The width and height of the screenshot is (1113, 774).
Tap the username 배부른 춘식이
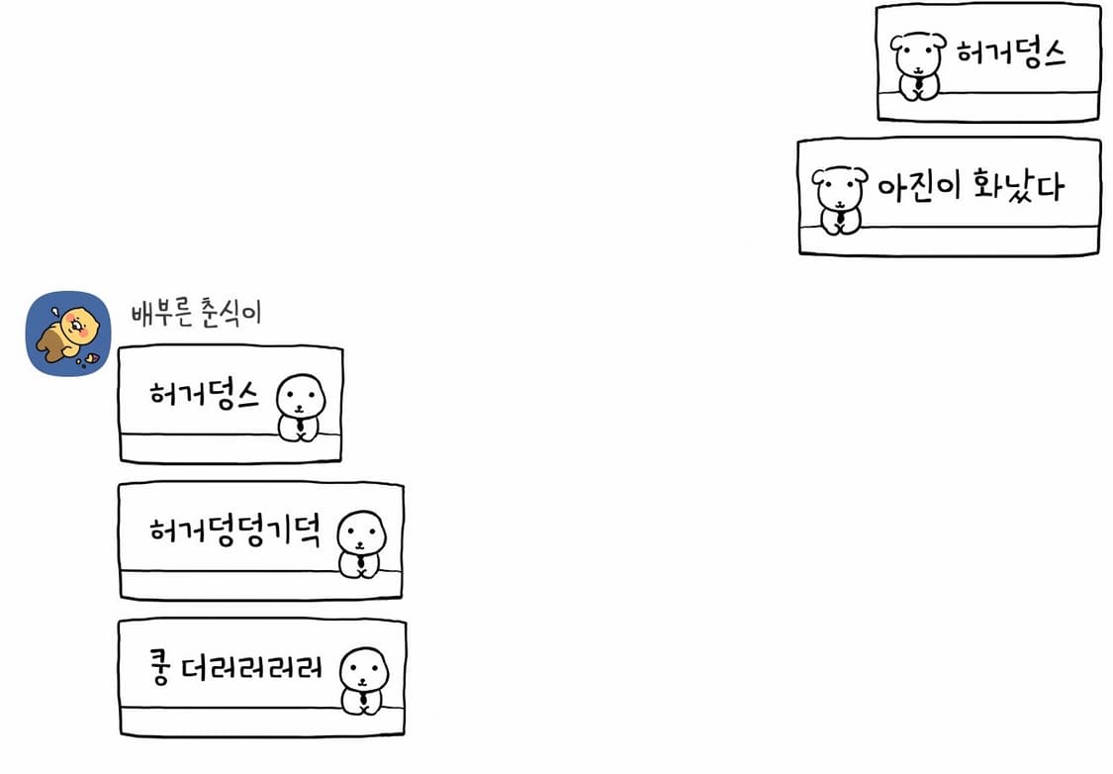[x=196, y=313]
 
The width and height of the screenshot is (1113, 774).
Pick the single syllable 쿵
[x=160, y=669]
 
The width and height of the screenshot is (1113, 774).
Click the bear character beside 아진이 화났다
[x=838, y=199]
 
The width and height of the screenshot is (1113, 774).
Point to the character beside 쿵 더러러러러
[x=364, y=680]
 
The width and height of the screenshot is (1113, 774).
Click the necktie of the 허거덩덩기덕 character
[x=362, y=564]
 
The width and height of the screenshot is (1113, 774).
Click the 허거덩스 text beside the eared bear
[x=1010, y=52]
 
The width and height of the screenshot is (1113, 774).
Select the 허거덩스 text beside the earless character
[x=204, y=395]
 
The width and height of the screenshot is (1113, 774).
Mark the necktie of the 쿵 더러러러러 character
[x=364, y=700]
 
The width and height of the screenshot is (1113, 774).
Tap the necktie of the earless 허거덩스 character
[x=299, y=428]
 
